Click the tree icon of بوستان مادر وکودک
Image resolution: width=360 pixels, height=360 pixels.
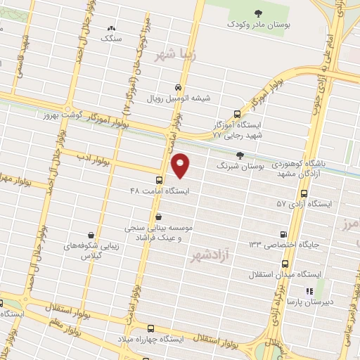point(258,12)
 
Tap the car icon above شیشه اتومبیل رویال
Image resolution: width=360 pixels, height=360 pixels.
point(178,87)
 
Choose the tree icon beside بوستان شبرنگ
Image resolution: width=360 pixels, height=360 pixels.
point(240,155)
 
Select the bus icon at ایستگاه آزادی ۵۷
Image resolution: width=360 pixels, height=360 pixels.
point(304,193)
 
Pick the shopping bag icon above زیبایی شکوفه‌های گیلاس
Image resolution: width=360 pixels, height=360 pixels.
point(91,235)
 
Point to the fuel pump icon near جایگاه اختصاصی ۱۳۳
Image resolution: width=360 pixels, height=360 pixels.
point(284,234)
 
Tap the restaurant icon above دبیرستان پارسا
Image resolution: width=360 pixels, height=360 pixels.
point(307,290)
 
